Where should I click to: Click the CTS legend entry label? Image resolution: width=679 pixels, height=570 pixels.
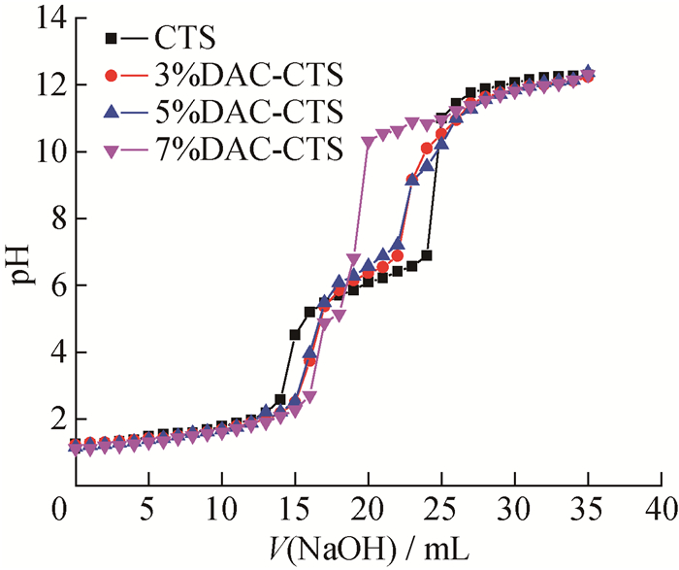coord(185,38)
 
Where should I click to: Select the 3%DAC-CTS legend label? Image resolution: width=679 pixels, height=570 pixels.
coord(248,75)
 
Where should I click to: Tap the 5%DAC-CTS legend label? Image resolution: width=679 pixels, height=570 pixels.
coord(248,112)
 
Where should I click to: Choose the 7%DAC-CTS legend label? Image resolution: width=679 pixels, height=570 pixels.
coord(248,149)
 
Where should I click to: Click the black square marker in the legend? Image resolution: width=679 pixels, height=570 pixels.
coord(112,39)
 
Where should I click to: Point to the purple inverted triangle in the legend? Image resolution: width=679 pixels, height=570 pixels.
coord(112,151)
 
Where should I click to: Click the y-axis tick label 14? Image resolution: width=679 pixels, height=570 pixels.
coord(51,19)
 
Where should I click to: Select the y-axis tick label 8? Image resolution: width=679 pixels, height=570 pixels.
coord(59,218)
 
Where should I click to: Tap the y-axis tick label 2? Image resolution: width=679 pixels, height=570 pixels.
coord(59,419)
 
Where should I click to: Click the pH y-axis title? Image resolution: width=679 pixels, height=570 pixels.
coord(19,263)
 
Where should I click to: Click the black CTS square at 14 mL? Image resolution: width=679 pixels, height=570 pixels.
coord(280,399)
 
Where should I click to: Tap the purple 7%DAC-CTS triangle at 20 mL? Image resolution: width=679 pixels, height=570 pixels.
coord(368,142)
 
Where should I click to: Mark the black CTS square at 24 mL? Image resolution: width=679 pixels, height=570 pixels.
coord(427,255)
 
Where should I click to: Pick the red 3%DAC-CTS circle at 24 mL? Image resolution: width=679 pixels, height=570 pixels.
coord(427,149)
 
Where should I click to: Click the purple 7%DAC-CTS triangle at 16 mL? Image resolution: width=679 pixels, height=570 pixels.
coord(309,396)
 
